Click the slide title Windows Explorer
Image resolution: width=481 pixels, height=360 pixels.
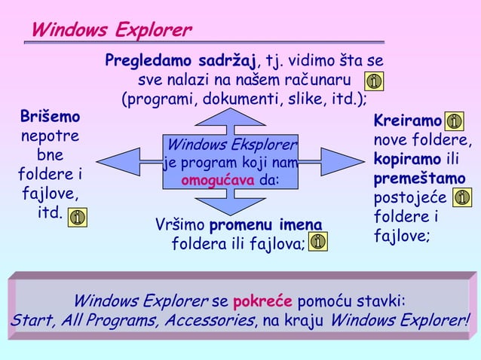click(x=111, y=31)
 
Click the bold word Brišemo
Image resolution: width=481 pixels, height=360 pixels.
click(x=50, y=118)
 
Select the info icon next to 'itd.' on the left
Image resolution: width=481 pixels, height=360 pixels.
click(x=78, y=218)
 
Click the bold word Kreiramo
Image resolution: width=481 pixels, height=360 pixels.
click(x=408, y=121)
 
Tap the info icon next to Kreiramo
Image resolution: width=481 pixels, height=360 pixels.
click(x=455, y=121)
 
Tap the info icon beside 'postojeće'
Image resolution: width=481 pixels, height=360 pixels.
click(x=463, y=198)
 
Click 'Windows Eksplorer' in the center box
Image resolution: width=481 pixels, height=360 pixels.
click(x=232, y=144)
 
